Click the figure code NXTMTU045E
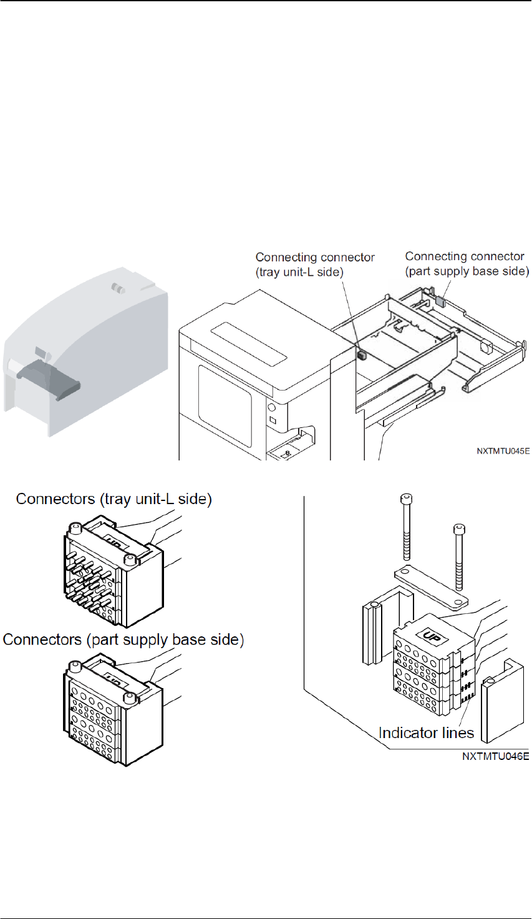503,451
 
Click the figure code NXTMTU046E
496,756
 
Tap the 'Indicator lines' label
426,733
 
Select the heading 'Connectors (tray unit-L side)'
114,499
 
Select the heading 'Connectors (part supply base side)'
123,640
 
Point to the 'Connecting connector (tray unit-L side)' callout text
315,265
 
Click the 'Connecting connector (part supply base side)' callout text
467,264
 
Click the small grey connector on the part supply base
440,301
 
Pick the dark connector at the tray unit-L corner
361,354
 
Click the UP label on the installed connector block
430,637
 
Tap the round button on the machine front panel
271,408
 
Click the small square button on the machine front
273,421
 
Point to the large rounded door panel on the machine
225,405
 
